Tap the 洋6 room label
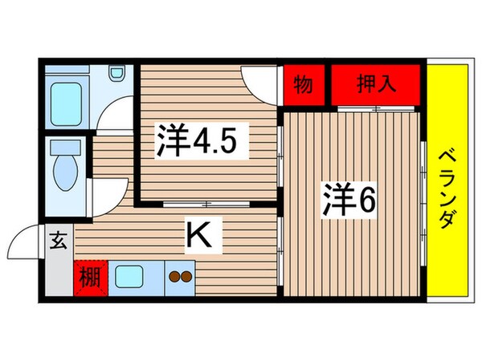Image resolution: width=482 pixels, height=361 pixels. coord(350,198)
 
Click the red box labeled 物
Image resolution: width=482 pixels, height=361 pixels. coord(304,84)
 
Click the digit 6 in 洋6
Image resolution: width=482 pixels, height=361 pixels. coord(368,198)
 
